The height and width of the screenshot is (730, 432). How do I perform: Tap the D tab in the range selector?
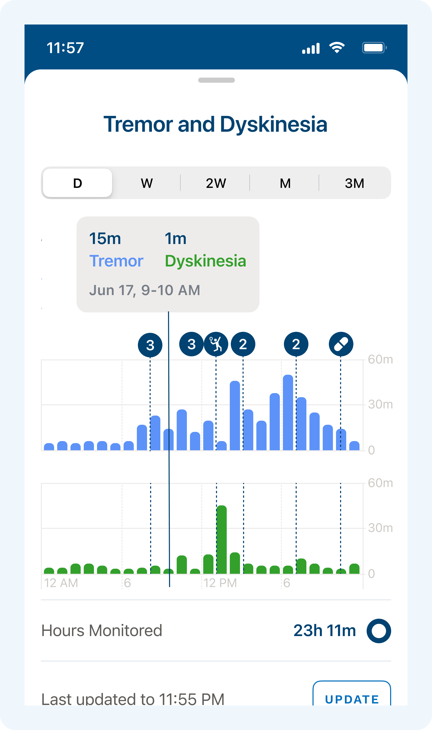pyautogui.click(x=77, y=183)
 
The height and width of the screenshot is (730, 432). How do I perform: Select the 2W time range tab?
pyautogui.click(x=216, y=183)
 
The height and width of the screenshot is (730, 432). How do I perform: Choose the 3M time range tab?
pyautogui.click(x=354, y=183)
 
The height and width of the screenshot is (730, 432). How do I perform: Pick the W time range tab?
pyautogui.click(x=147, y=183)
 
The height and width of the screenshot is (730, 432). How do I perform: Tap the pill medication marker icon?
pyautogui.click(x=341, y=344)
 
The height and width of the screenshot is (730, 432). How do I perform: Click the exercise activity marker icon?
pyautogui.click(x=216, y=344)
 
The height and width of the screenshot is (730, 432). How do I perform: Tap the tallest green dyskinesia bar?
pyautogui.click(x=222, y=540)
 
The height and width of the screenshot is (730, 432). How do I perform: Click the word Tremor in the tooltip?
pyautogui.click(x=116, y=261)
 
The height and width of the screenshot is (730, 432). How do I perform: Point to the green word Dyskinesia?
pyautogui.click(x=205, y=261)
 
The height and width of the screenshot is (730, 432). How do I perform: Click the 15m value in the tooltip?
pyautogui.click(x=105, y=239)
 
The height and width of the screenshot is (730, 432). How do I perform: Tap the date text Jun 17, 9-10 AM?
pyautogui.click(x=145, y=290)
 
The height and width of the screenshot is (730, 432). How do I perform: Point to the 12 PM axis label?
pyautogui.click(x=220, y=583)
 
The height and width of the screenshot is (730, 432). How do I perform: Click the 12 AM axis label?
pyautogui.click(x=61, y=583)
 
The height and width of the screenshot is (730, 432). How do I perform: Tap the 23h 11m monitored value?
pyautogui.click(x=325, y=631)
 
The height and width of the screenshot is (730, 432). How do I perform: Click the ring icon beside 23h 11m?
pyautogui.click(x=379, y=631)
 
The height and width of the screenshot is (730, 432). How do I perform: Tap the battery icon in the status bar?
pyautogui.click(x=374, y=48)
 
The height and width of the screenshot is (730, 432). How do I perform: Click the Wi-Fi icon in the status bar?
pyautogui.click(x=337, y=48)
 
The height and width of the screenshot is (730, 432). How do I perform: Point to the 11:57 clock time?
pyautogui.click(x=65, y=48)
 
